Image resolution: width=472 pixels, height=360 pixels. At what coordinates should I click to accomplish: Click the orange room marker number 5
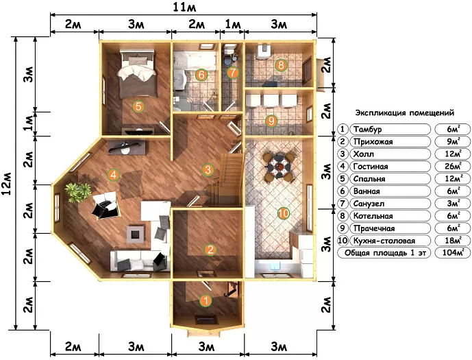pos(138,106)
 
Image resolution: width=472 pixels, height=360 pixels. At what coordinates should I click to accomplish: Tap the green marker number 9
pos(271,121)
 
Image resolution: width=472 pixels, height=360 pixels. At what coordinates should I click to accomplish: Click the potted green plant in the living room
pos(77,191)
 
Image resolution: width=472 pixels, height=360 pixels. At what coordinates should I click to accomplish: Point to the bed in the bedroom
pos(138,73)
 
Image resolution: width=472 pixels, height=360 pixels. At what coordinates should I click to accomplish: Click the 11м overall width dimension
pos(184,8)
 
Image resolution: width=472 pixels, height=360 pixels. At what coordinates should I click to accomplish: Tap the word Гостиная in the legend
pos(371,167)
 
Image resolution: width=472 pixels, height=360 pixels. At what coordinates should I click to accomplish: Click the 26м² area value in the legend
pos(453,167)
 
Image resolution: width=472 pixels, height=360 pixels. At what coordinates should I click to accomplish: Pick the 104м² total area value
pos(452,252)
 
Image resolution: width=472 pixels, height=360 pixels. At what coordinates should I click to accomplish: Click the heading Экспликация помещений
pos(405,113)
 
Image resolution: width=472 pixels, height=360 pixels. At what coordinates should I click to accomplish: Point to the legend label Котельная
pos(373,216)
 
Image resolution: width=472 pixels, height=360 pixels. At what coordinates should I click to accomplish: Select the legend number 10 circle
pos(343,241)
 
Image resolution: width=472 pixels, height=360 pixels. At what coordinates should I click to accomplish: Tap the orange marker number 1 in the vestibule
pos(206,300)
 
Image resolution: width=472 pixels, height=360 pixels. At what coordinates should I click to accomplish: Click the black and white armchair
pos(105,206)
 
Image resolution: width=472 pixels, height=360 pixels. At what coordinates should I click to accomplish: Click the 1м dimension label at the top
pos(233,24)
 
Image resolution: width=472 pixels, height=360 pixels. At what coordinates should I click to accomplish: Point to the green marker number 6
pos(201,75)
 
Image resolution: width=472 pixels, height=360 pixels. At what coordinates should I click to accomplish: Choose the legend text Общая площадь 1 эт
pos(385,253)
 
